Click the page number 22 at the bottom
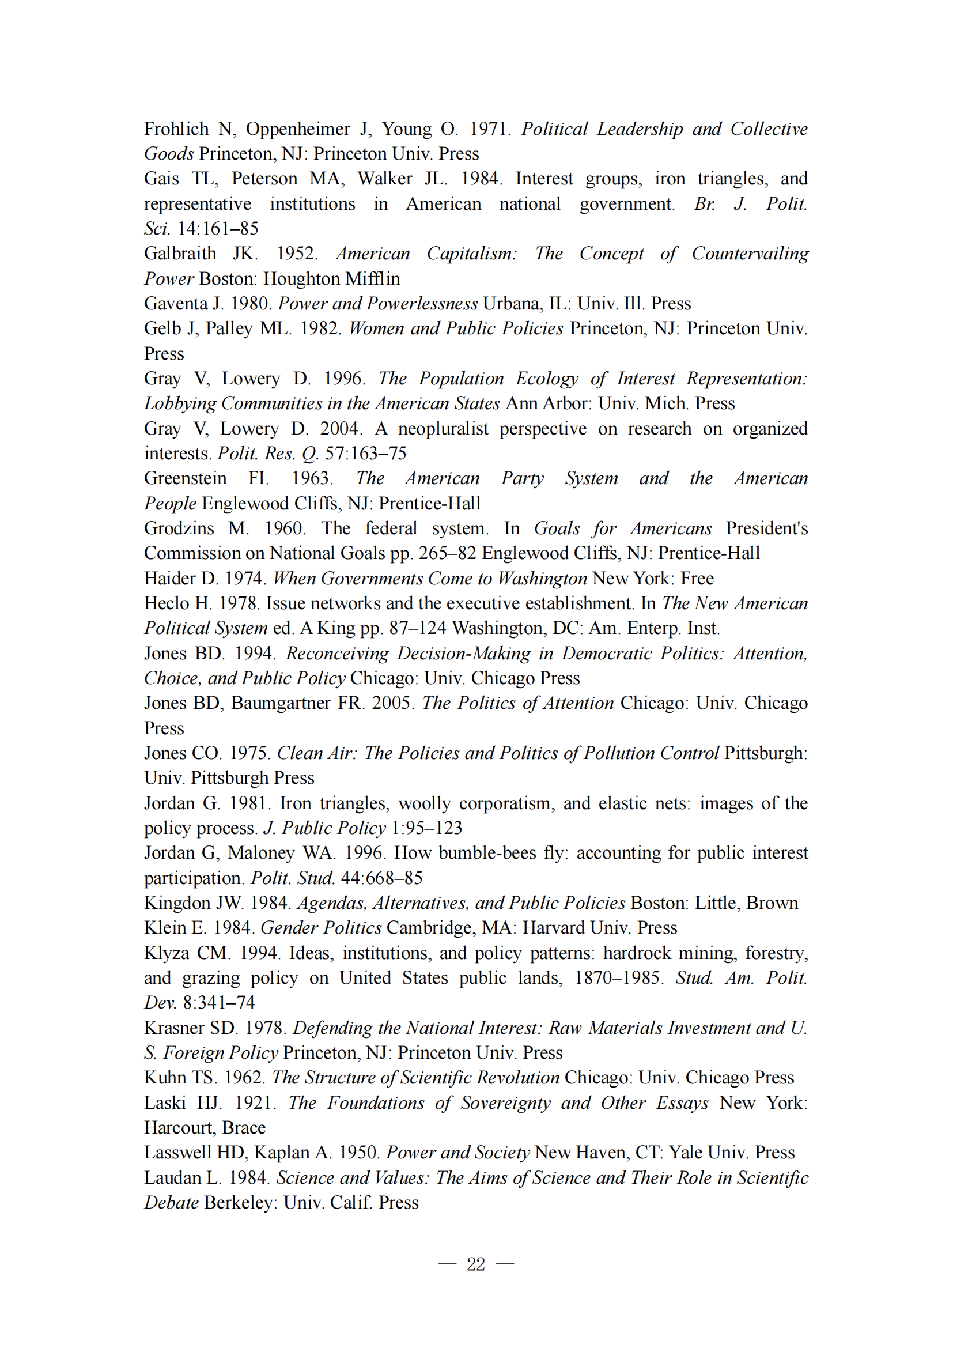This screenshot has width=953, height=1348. pos(476,1263)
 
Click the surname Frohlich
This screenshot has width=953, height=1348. pos(177,129)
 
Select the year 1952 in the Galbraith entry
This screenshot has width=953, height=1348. pos(296,254)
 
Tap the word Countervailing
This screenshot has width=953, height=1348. pos(750,254)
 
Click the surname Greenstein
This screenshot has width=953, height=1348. pos(186,478)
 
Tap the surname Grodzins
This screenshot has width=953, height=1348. pos(179,528)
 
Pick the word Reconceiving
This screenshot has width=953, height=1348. pos(338,654)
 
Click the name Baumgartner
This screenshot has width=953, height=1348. pos(281,703)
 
